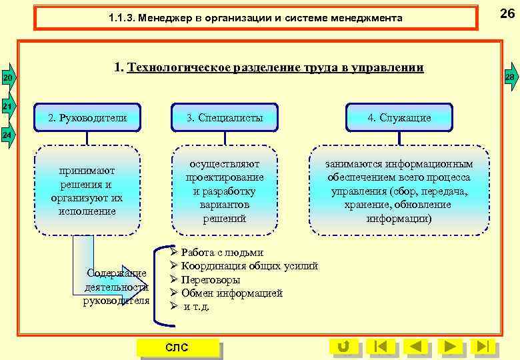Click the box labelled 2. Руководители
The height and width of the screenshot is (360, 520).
pos(87,118)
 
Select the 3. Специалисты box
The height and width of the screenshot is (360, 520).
pos(225,118)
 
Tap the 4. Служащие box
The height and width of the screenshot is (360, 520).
pos(399,118)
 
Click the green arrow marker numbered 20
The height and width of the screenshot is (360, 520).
pos(7,79)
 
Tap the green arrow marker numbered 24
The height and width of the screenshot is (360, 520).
pos(7,135)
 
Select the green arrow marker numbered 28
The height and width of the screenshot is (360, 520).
pos(510,79)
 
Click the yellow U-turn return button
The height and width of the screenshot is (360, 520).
pos(344,347)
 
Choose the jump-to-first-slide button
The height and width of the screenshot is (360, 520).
pos(380,347)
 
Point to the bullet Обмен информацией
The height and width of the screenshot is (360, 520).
pos(231,293)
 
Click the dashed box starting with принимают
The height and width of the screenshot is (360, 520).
pos(87,190)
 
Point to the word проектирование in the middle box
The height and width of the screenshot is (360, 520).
pos(225,177)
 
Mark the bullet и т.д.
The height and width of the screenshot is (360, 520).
pos(196,307)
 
